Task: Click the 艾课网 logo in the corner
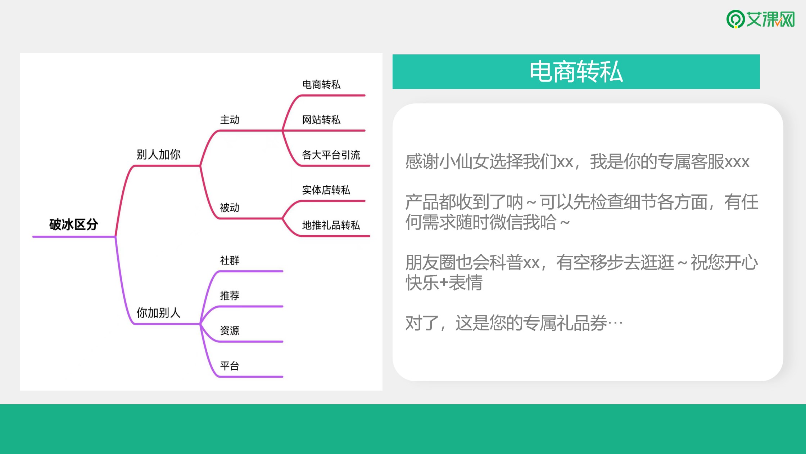coord(760,19)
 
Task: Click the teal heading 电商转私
coord(576,72)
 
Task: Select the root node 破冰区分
coord(74,224)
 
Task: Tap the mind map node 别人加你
coord(158,155)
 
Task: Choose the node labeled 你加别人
coord(158,312)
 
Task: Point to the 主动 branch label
coord(230,120)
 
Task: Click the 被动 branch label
coord(230,208)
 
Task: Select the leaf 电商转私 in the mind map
coord(321,85)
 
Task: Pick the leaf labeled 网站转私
coord(321,120)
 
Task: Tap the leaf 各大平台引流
coord(331,155)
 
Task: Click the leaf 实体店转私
coord(326,190)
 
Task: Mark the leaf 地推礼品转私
coord(331,225)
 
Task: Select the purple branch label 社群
coord(230,260)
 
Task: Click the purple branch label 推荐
coord(230,295)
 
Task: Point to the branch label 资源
coord(230,330)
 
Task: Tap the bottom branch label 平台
coord(230,366)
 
